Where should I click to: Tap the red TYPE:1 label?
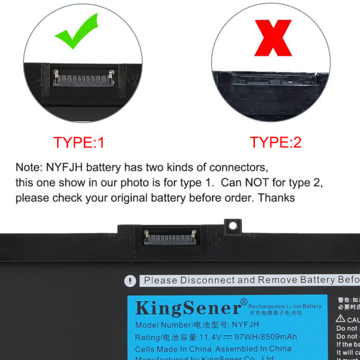(x=79, y=143)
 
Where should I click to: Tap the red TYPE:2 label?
(x=275, y=143)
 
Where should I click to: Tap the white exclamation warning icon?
(x=130, y=281)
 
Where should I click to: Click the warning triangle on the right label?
(x=340, y=319)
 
